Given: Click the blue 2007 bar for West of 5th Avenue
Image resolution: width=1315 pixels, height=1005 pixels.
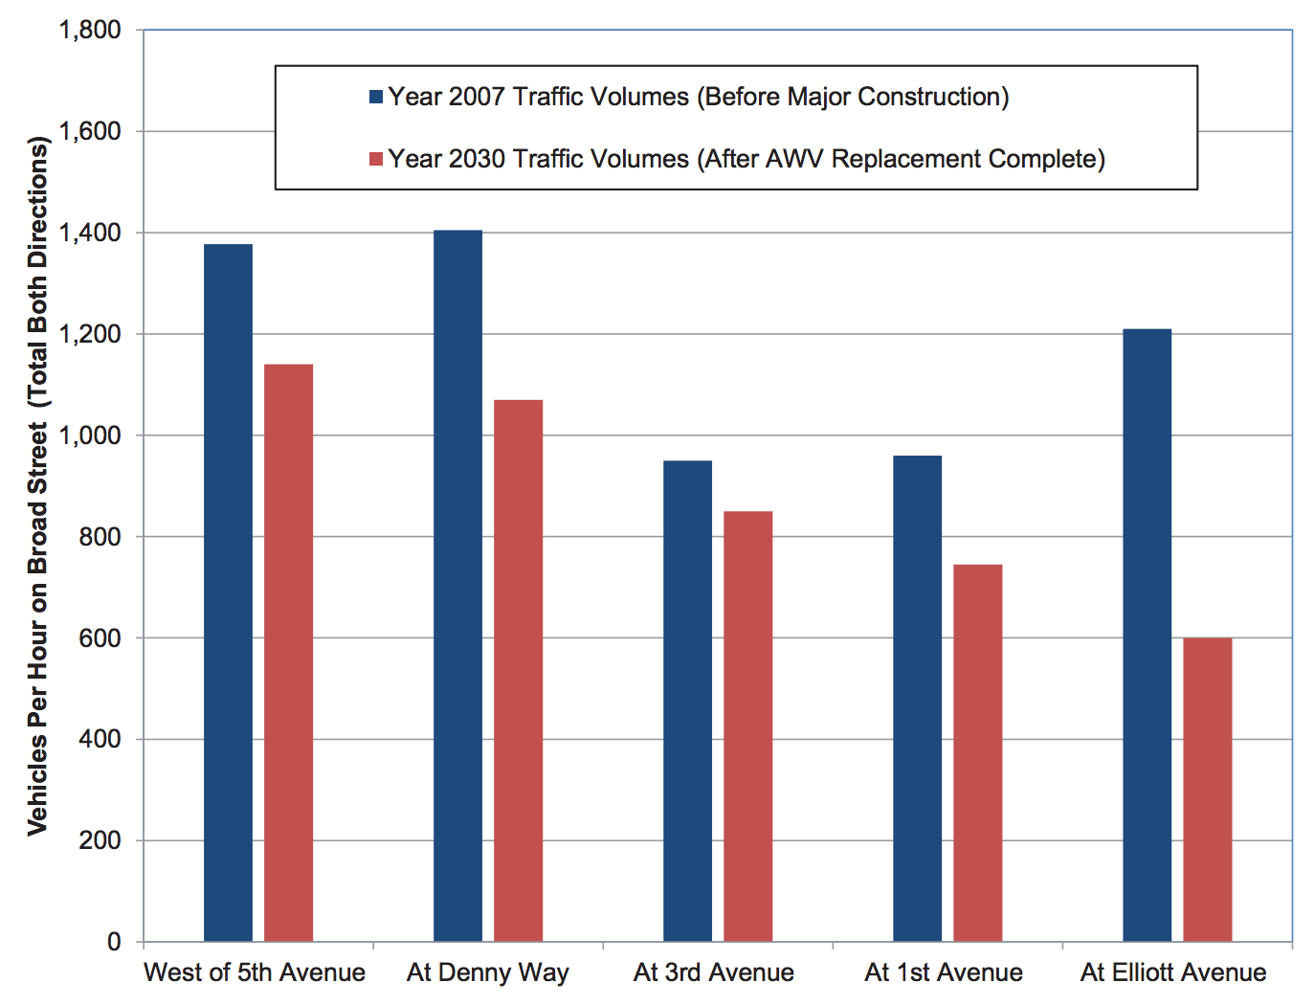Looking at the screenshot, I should pyautogui.click(x=228, y=593).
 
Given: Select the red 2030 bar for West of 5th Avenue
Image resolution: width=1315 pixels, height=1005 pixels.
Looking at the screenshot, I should pyautogui.click(x=288, y=653).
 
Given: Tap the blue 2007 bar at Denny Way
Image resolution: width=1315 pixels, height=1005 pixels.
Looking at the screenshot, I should pyautogui.click(x=457, y=586).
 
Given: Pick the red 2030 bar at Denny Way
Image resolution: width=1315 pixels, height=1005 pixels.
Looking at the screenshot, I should pyautogui.click(x=518, y=670).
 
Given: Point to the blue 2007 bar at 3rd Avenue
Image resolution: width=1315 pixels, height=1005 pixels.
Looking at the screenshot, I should pyautogui.click(x=687, y=701).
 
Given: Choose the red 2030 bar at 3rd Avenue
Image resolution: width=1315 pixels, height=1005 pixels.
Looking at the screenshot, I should pyautogui.click(x=747, y=726).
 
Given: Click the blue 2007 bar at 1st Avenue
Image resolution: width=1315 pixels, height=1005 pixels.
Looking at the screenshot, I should pyautogui.click(x=917, y=699).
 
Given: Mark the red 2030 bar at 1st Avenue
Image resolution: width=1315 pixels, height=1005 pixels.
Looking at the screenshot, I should pyautogui.click(x=977, y=753).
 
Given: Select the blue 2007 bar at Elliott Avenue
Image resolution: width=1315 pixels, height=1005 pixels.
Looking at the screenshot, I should pyautogui.click(x=1147, y=636).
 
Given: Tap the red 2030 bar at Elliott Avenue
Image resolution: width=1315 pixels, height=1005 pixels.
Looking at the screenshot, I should pyautogui.click(x=1207, y=790).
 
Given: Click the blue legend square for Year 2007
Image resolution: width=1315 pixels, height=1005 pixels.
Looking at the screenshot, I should pyautogui.click(x=376, y=97).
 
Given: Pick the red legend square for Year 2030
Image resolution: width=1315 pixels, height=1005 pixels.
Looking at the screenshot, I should pyautogui.click(x=376, y=159).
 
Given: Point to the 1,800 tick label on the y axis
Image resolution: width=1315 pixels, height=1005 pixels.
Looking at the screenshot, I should pyautogui.click(x=90, y=31).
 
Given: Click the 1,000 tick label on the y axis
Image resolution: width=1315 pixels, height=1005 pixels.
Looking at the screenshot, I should pyautogui.click(x=90, y=435).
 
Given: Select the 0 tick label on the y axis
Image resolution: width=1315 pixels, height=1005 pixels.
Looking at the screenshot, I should pyautogui.click(x=114, y=942).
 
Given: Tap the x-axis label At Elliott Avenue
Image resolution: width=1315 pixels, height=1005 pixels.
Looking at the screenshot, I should pyautogui.click(x=1173, y=972).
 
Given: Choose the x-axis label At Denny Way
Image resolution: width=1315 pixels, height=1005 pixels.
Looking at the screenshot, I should pyautogui.click(x=487, y=972).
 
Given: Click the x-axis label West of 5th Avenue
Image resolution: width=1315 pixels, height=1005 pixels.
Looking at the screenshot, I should pyautogui.click(x=255, y=972).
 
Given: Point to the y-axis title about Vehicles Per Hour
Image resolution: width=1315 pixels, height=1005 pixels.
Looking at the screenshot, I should pyautogui.click(x=37, y=486).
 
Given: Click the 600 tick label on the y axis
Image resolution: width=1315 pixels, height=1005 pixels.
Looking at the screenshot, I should pyautogui.click(x=100, y=638).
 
